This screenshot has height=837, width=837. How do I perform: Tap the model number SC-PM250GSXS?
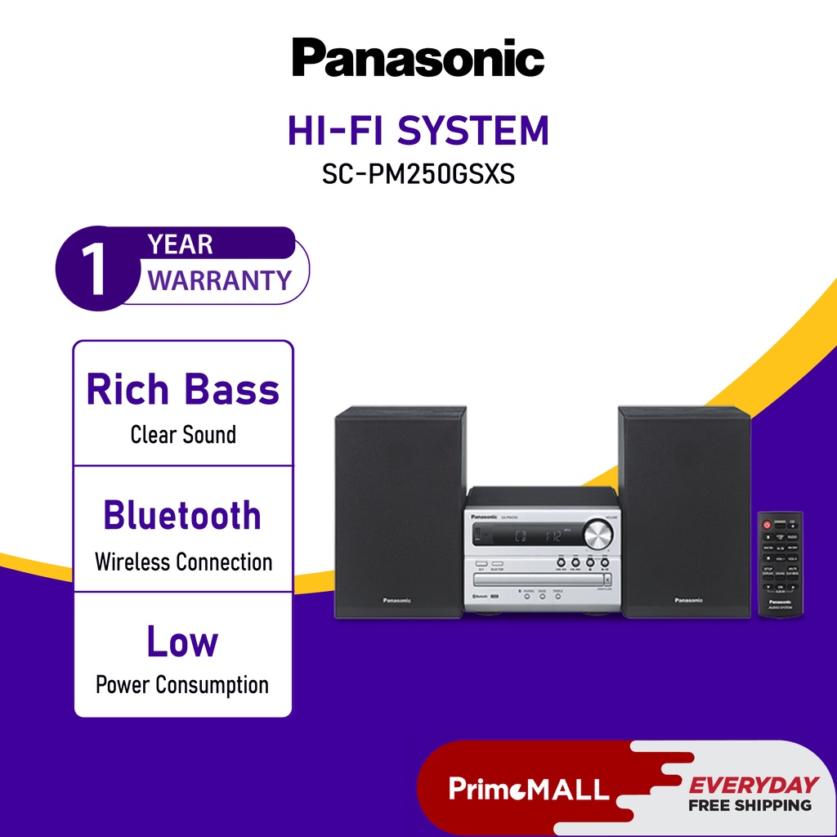point(418,174)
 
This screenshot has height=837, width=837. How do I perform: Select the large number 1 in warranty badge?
point(96,269)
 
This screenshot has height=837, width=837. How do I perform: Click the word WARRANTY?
point(219,280)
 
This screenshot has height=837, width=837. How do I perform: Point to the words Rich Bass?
point(183,390)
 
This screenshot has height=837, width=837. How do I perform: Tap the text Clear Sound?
point(183,434)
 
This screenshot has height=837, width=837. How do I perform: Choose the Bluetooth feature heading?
point(182,516)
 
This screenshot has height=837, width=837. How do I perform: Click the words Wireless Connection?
point(183,562)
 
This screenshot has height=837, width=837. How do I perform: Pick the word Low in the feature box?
point(182,642)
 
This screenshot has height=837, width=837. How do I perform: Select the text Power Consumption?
point(182,684)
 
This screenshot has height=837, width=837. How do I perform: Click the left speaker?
point(400,511)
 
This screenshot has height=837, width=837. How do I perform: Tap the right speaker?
point(684,511)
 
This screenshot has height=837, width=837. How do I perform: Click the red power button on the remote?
point(766,523)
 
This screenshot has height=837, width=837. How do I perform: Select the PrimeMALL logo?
point(529,789)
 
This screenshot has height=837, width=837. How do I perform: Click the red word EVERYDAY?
point(753,786)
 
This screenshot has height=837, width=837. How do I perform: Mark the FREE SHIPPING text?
point(750,805)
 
